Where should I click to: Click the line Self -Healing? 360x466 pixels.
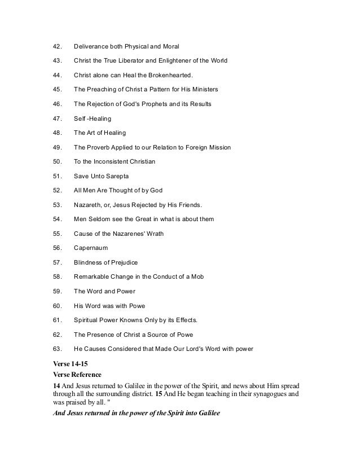pos(93,118)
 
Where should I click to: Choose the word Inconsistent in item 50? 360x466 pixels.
pos(117,162)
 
